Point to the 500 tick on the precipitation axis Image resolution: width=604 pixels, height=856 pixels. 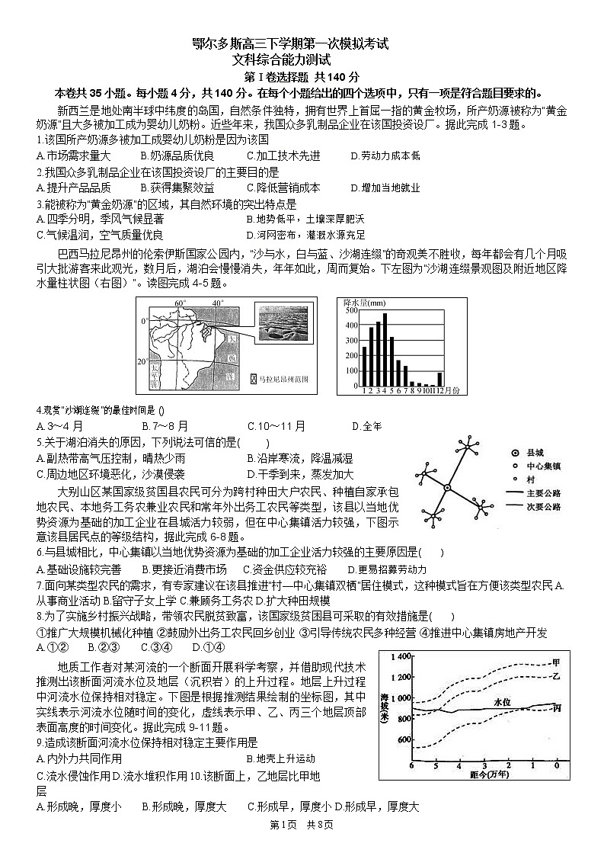[351, 310]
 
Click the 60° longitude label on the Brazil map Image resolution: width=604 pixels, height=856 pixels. [180, 303]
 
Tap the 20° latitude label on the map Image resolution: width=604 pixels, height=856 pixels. [142, 361]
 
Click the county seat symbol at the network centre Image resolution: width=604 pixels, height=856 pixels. [448, 488]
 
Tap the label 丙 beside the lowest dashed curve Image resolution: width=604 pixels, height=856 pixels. [557, 708]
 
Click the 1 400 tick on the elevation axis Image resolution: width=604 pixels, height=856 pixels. [400, 656]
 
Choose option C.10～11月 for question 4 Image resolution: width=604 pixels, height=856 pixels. [277, 425]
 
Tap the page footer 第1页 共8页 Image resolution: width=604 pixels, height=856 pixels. [302, 824]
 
